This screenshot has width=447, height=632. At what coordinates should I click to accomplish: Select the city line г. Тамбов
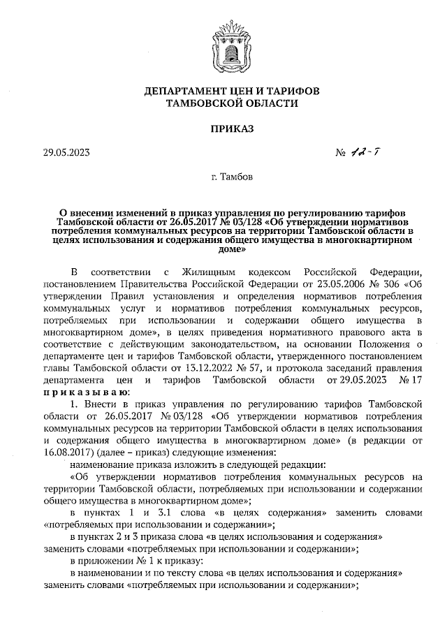tap(223, 177)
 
